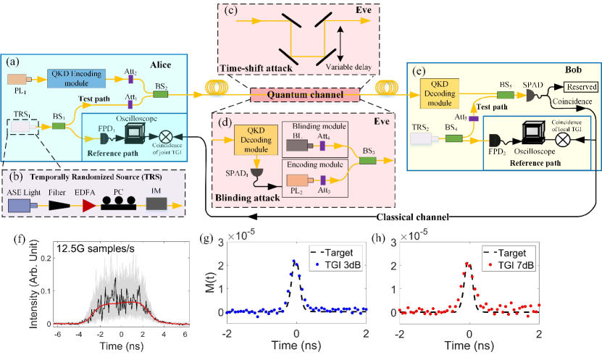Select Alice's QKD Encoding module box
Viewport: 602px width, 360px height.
click(x=78, y=76)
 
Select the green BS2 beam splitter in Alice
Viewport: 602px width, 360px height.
click(x=162, y=93)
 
